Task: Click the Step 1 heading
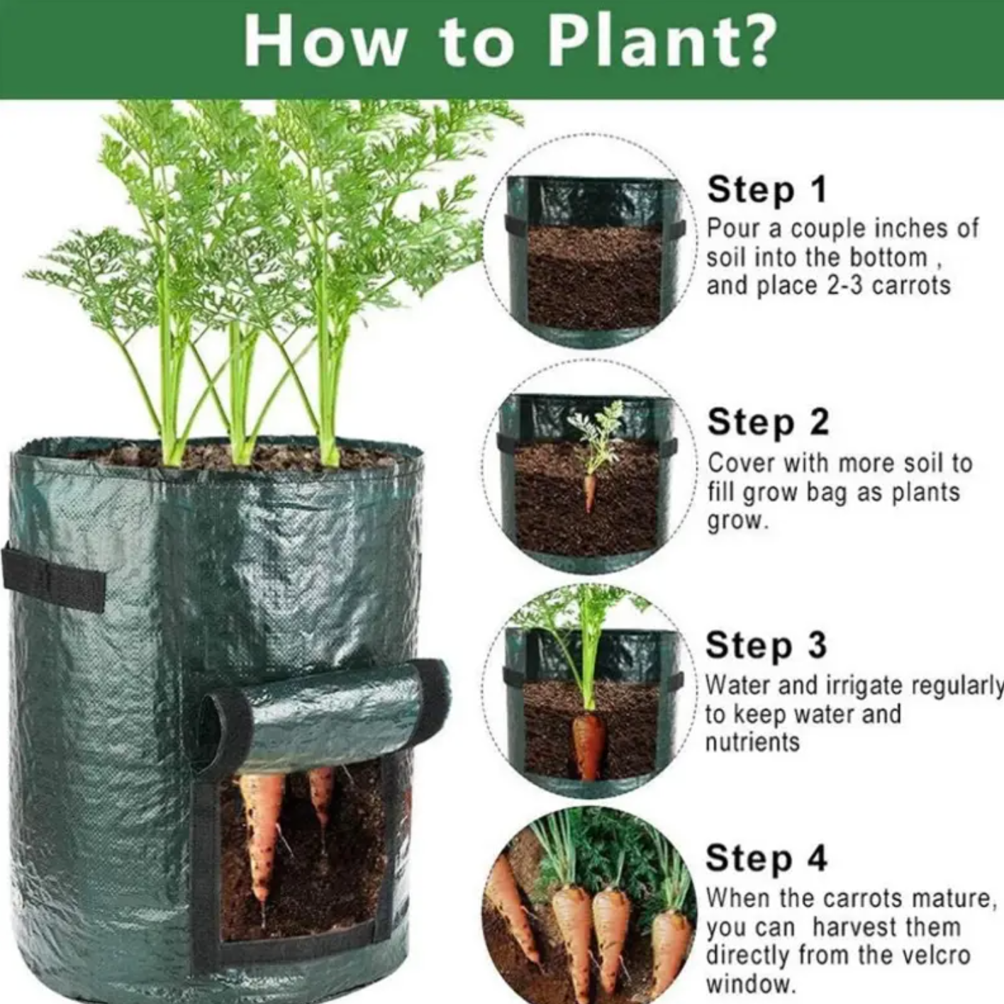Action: (x=767, y=190)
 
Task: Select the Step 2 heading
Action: (x=768, y=422)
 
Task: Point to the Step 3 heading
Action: (x=766, y=645)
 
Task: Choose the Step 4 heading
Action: (x=766, y=858)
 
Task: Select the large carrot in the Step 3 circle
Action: (x=589, y=744)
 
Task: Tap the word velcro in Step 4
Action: (x=934, y=955)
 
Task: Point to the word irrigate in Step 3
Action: (x=857, y=686)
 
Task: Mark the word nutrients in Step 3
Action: (x=752, y=742)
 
